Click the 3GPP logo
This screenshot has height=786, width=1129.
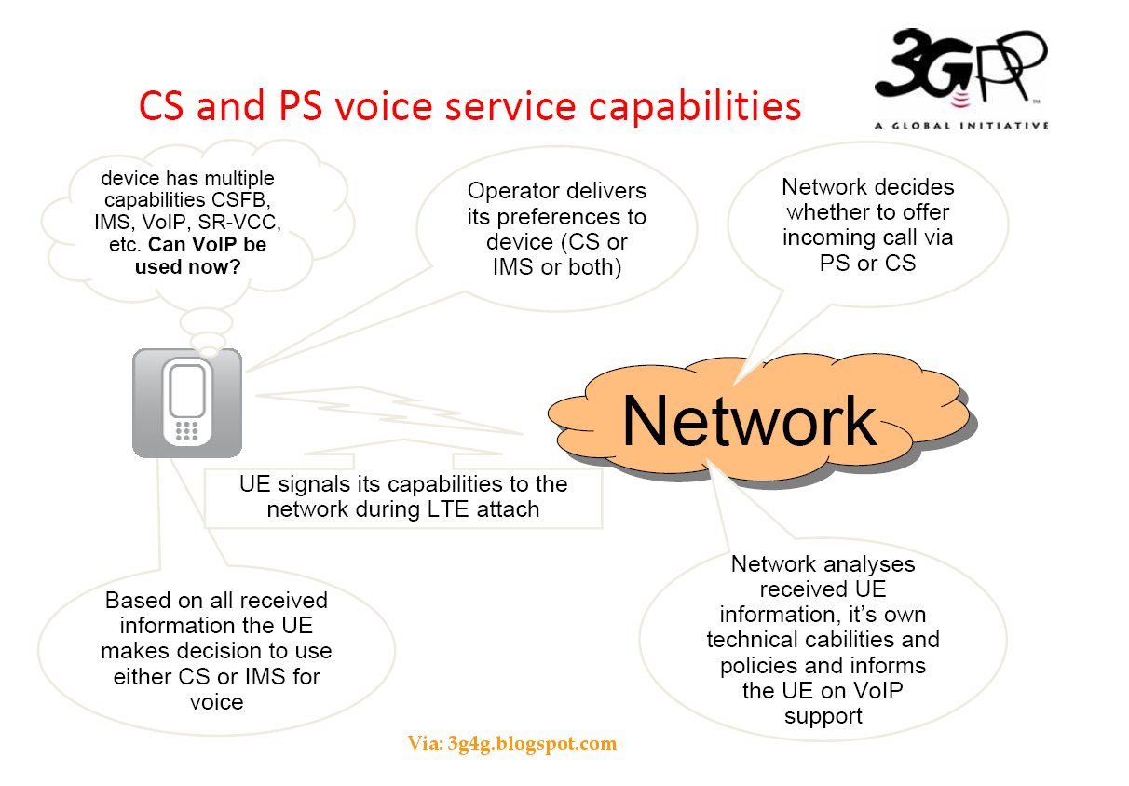pyautogui.click(x=959, y=70)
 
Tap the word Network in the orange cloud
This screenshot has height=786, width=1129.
pyautogui.click(x=749, y=420)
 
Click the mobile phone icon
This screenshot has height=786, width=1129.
pyautogui.click(x=187, y=402)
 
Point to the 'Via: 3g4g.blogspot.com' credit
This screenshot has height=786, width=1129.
pyautogui.click(x=511, y=743)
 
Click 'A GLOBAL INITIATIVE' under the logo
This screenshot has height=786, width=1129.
pyautogui.click(x=960, y=125)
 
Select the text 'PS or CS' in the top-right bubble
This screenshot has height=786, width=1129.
pyautogui.click(x=867, y=263)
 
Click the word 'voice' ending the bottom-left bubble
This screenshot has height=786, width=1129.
pyautogui.click(x=216, y=701)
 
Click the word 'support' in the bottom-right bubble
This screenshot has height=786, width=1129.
pyautogui.click(x=823, y=716)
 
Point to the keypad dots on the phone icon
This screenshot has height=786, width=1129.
pyautogui.click(x=187, y=430)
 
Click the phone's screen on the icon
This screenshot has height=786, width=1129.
pyautogui.click(x=187, y=391)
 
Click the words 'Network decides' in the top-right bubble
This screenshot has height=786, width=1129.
pyautogui.click(x=867, y=187)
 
